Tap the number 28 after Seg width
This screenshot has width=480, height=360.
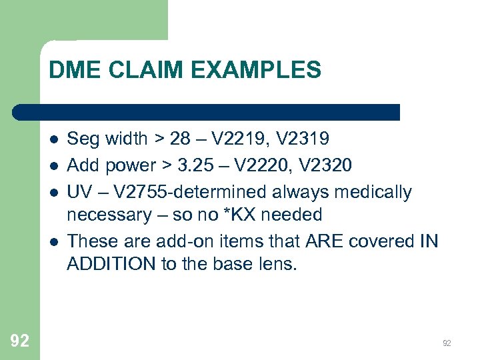tap(179, 139)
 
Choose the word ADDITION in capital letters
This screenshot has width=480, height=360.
tap(111, 263)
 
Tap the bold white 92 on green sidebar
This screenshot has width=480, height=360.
tap(20, 341)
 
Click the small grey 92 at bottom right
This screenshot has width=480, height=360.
tap(447, 343)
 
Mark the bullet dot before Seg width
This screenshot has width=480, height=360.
tap(54, 139)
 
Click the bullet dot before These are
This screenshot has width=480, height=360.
tap(54, 241)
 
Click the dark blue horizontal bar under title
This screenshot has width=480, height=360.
tap(207, 112)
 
